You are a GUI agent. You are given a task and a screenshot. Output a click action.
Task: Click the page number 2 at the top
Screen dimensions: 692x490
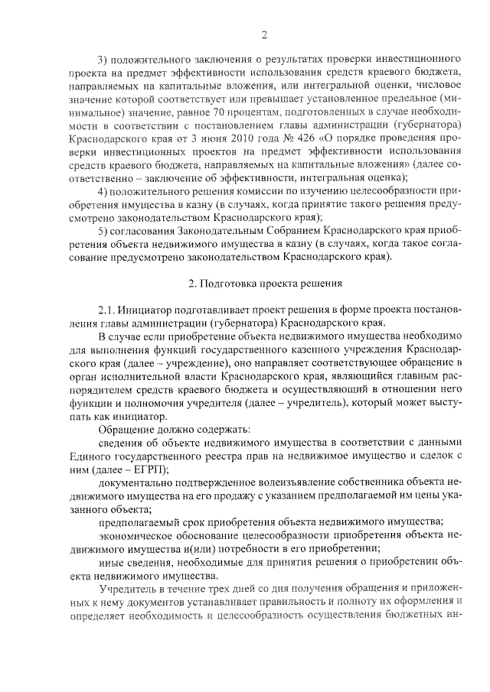point(263,34)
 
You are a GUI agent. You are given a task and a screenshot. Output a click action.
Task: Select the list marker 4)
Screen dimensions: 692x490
point(105,190)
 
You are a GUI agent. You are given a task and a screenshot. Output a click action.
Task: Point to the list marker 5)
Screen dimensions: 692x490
point(105,230)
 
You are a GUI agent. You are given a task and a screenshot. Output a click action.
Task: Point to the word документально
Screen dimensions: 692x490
point(136,482)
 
